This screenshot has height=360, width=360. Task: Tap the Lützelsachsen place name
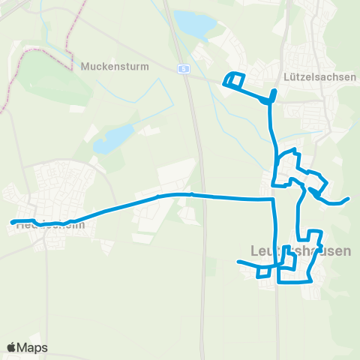pyautogui.click(x=314, y=76)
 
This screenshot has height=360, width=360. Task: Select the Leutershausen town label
pyautogui.click(x=298, y=250)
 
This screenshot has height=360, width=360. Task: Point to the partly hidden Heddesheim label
pyautogui.click(x=46, y=224)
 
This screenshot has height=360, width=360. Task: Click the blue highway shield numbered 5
pyautogui.click(x=182, y=68)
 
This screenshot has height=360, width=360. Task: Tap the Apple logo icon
pyautogui.click(x=11, y=347)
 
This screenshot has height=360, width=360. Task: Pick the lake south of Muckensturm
pyautogui.click(x=112, y=137)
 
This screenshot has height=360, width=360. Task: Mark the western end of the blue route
pyautogui.click(x=12, y=221)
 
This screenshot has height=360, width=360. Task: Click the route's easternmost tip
pyautogui.click(x=349, y=199)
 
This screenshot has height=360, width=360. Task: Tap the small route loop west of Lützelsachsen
pyautogui.click(x=234, y=79)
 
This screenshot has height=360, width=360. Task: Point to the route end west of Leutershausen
pyautogui.click(x=238, y=262)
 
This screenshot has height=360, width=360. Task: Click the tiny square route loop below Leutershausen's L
pyautogui.click(x=262, y=272)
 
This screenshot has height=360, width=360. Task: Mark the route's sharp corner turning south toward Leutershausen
pyautogui.click(x=270, y=200)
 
